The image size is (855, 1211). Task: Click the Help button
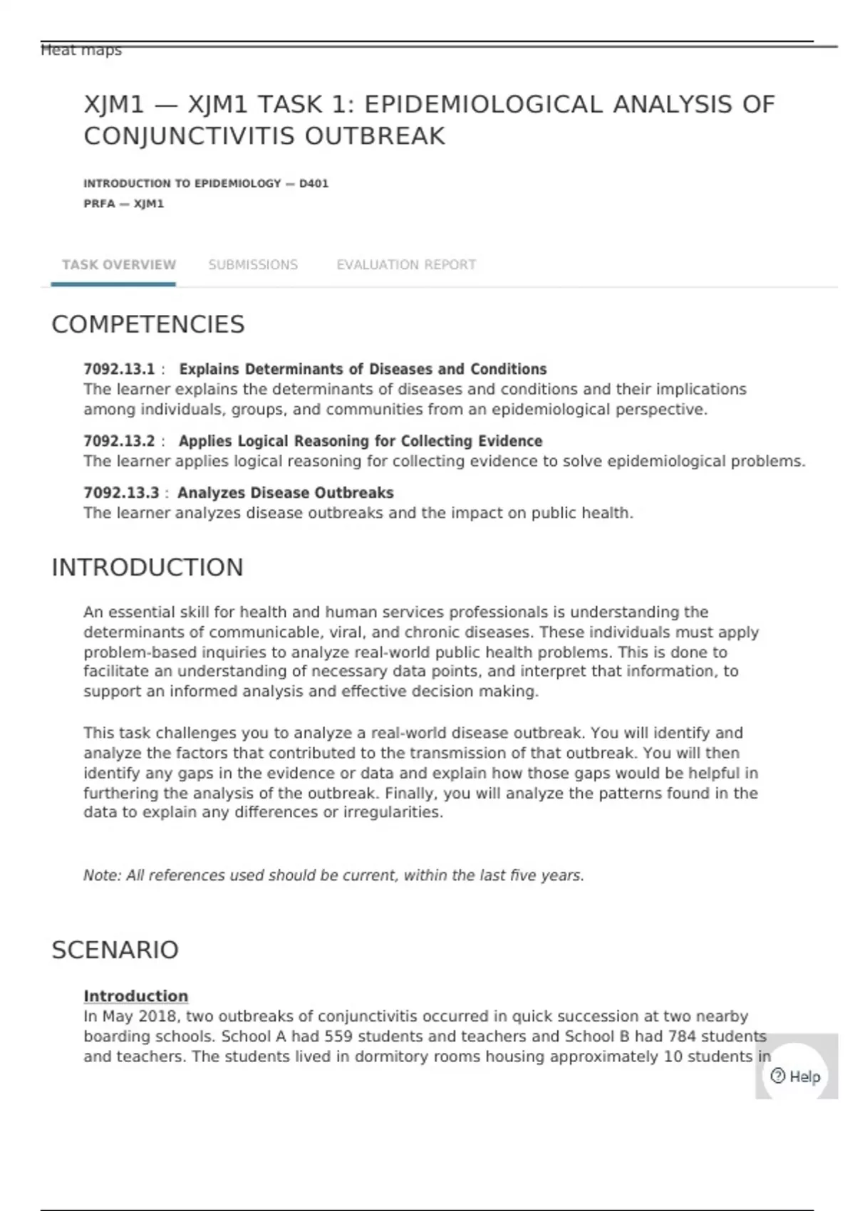click(796, 1076)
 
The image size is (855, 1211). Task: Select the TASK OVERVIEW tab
click(118, 265)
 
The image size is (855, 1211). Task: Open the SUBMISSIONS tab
click(253, 265)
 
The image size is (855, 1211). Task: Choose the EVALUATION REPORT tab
click(406, 265)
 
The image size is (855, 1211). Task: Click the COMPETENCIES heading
click(148, 325)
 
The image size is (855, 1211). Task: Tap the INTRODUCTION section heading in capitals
click(147, 568)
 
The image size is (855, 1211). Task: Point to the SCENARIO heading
click(115, 950)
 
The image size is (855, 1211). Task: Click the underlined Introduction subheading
click(135, 996)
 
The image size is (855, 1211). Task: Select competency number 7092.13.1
click(119, 370)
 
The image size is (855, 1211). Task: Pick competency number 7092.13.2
click(119, 442)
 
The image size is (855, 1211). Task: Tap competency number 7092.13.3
click(121, 493)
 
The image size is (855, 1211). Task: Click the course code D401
click(313, 184)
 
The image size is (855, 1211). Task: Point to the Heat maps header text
click(81, 51)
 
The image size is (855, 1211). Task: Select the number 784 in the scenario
click(681, 1036)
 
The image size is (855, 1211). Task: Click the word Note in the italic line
click(100, 875)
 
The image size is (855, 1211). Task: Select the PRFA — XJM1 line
click(123, 204)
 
